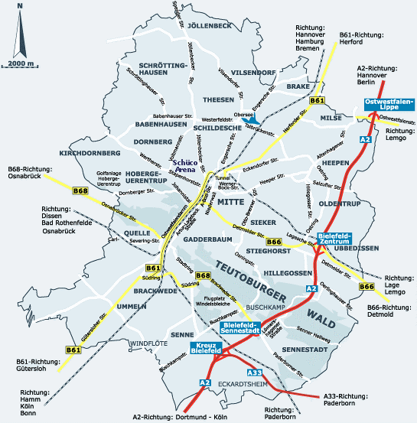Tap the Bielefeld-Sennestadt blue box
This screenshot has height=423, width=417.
[243, 327]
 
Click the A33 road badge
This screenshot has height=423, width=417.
[256, 373]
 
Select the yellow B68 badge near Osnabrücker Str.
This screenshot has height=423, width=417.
[80, 190]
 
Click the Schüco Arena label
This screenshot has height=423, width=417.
[186, 166]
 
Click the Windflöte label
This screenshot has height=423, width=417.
[148, 343]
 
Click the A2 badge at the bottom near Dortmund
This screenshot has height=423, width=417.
[205, 382]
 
